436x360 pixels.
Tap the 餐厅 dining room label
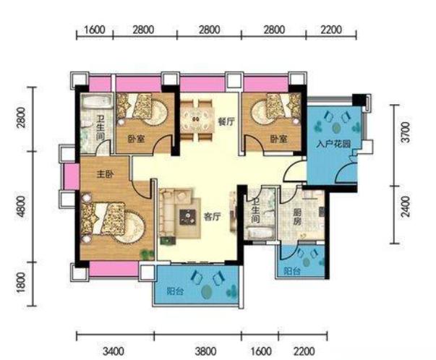226,121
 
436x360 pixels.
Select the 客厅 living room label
213,217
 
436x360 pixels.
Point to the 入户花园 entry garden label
333,144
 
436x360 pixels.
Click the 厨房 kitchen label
296,217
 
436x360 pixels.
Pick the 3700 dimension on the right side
406,132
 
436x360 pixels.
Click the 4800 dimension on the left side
20,207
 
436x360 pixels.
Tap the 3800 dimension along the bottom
205,351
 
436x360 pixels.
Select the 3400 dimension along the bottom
114,351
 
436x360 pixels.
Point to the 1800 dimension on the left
20,283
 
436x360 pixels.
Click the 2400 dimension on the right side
406,207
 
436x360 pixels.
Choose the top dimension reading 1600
94,30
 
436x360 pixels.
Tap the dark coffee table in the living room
188,217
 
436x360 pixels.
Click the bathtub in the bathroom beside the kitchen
260,233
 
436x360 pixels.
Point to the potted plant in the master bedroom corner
147,254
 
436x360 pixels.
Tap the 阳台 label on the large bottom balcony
175,291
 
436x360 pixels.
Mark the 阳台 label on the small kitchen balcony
292,271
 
